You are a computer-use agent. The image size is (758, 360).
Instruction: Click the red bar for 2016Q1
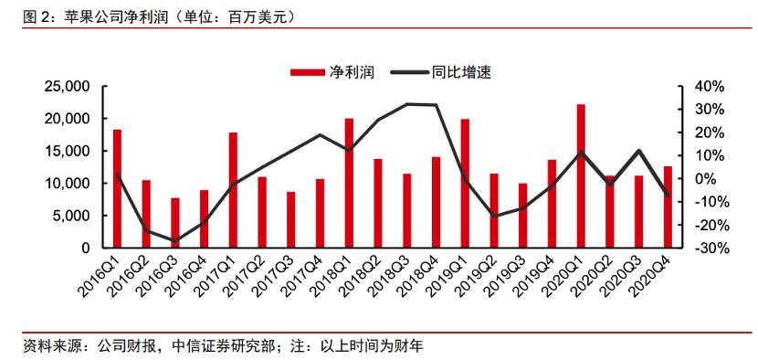pos(117,188)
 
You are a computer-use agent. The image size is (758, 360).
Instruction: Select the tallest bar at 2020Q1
pos(581,175)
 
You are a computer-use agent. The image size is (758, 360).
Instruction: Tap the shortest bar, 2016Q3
pos(175,222)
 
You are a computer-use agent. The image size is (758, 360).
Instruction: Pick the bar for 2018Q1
pos(349,183)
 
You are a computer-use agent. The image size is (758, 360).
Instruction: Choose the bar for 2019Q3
pos(522,215)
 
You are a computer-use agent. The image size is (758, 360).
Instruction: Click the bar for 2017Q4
pos(320,213)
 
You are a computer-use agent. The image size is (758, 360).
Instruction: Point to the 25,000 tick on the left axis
pos(63,87)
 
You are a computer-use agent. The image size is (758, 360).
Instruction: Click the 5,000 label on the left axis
pos(68,216)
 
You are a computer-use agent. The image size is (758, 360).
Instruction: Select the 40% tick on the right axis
pos(709,87)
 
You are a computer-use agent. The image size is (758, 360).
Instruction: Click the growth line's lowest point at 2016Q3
pos(175,240)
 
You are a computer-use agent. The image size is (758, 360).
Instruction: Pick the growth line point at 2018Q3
pos(407,104)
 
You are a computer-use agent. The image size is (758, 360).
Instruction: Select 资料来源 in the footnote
pos(36,346)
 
